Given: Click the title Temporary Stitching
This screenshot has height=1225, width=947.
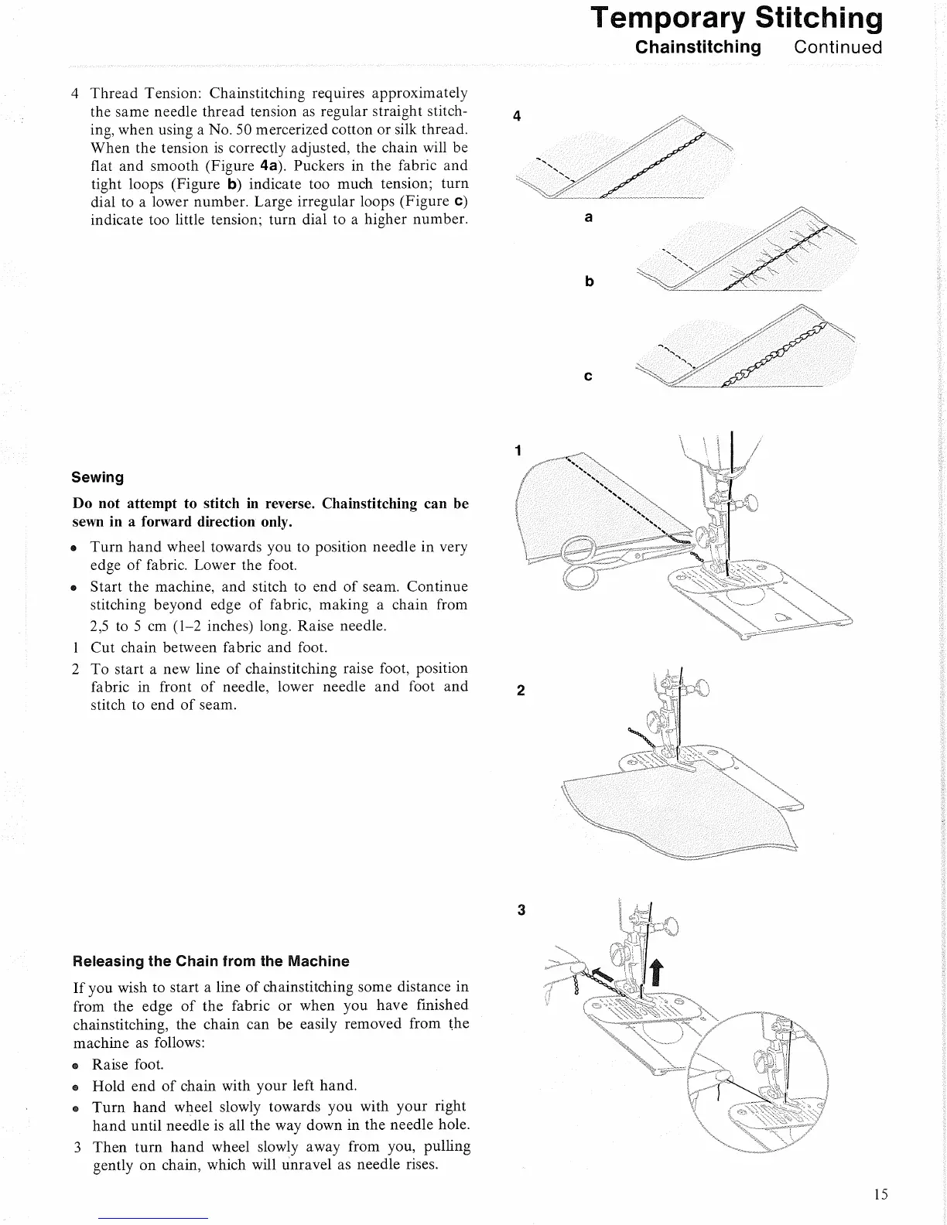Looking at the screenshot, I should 736,18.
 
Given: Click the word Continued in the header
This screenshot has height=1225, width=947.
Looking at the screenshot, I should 838,47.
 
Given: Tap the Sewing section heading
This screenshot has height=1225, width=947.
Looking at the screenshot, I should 97,477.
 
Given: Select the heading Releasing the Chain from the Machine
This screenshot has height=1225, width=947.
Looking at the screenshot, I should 210,961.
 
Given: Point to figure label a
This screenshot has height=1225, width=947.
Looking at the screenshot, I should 589,218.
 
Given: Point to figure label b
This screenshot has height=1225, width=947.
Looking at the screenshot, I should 590,282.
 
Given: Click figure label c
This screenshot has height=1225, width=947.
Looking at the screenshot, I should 589,377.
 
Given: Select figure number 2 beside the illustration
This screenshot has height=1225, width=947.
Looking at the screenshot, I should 521,691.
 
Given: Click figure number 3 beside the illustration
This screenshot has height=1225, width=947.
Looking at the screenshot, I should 521,910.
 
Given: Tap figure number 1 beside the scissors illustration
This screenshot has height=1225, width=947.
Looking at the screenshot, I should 518,450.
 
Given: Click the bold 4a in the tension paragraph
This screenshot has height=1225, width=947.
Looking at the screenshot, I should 268,165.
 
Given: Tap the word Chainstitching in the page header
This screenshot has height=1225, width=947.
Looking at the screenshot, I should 698,47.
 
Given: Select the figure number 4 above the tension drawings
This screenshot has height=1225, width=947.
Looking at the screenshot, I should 517,117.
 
